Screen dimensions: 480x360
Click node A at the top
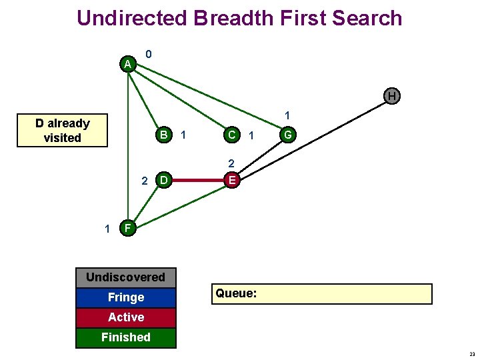127,64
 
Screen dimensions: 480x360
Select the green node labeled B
164,135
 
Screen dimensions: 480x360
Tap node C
232,135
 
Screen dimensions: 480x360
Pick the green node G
288,135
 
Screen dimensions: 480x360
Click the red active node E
232,180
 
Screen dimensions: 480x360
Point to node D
164,180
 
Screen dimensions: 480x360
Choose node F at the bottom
127,228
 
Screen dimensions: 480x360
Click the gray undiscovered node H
392,96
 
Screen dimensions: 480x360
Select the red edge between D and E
198,180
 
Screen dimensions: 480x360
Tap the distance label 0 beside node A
149,54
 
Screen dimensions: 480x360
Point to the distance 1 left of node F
107,229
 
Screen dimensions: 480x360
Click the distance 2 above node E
231,163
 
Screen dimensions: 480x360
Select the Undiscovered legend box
126,277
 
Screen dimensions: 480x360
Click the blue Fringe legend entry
126,297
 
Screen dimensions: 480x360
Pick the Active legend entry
126,318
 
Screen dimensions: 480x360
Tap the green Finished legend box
126,338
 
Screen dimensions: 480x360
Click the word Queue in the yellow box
236,293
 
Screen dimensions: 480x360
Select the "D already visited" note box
62,131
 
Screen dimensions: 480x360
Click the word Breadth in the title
234,18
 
